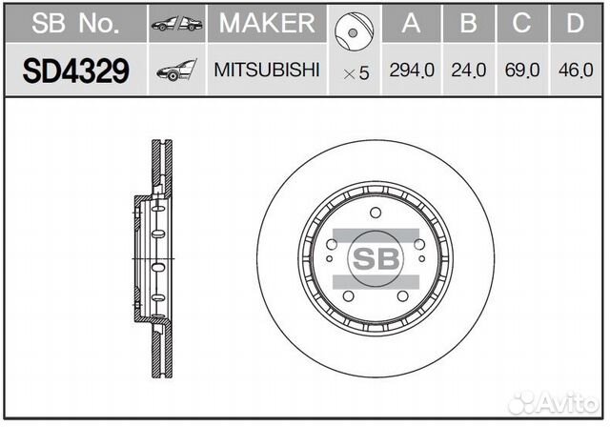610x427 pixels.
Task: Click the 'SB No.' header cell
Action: pos(75,24)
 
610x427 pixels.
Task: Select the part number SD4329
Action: pos(75,71)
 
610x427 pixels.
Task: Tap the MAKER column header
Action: pos(266,24)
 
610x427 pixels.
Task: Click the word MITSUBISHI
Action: pos(266,71)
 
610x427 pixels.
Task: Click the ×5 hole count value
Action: pos(356,72)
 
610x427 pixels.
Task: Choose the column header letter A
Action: pos(411,24)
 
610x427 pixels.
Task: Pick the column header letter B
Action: pos(468,24)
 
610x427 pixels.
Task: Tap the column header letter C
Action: pos(520,24)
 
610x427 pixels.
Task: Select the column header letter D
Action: pos(575,24)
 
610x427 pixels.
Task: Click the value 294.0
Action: pos(411,71)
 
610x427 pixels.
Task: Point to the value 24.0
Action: pos(468,71)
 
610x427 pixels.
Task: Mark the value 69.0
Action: pos(520,71)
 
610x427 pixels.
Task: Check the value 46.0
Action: pos(575,71)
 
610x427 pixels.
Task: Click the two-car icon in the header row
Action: pos(175,24)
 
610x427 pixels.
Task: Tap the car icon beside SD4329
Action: pos(175,71)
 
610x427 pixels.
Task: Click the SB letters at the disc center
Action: pos(376,257)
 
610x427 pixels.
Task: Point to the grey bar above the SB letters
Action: pos(376,234)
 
